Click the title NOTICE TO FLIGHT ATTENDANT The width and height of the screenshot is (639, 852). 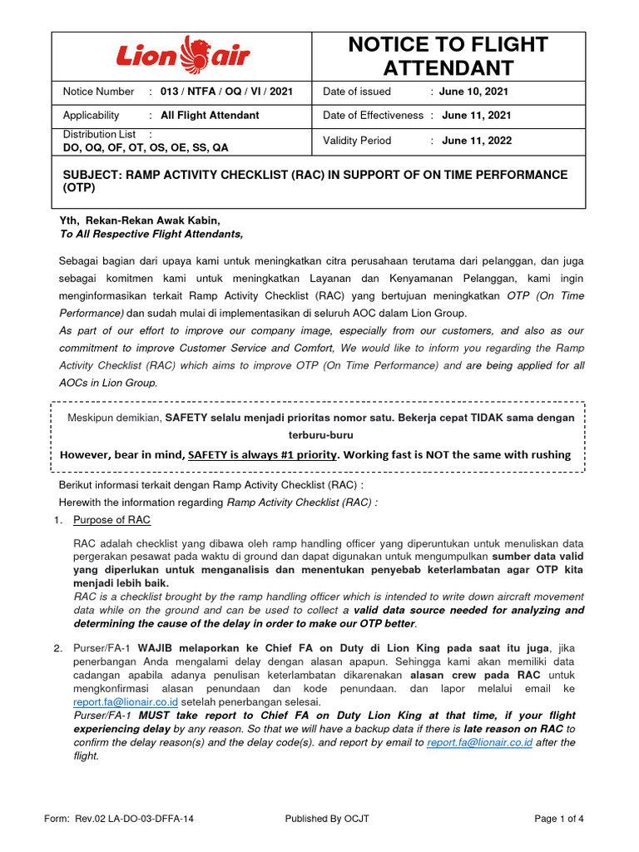[448, 56]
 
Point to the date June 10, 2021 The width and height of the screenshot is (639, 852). [475, 92]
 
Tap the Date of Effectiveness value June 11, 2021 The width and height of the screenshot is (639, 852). [477, 116]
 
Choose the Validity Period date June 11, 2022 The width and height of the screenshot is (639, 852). [477, 141]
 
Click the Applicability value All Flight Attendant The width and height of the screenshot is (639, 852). [210, 116]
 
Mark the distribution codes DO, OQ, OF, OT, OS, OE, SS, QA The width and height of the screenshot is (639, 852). [146, 148]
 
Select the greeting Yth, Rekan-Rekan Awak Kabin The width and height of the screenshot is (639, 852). [140, 220]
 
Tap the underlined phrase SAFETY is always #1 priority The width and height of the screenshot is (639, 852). [264, 454]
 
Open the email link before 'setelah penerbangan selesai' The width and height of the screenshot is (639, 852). [125, 701]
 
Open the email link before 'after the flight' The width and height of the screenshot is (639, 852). [478, 742]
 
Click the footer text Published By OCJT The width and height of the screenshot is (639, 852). [327, 819]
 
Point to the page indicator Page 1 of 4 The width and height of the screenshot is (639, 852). [559, 819]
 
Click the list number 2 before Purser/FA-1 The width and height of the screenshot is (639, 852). [58, 648]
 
